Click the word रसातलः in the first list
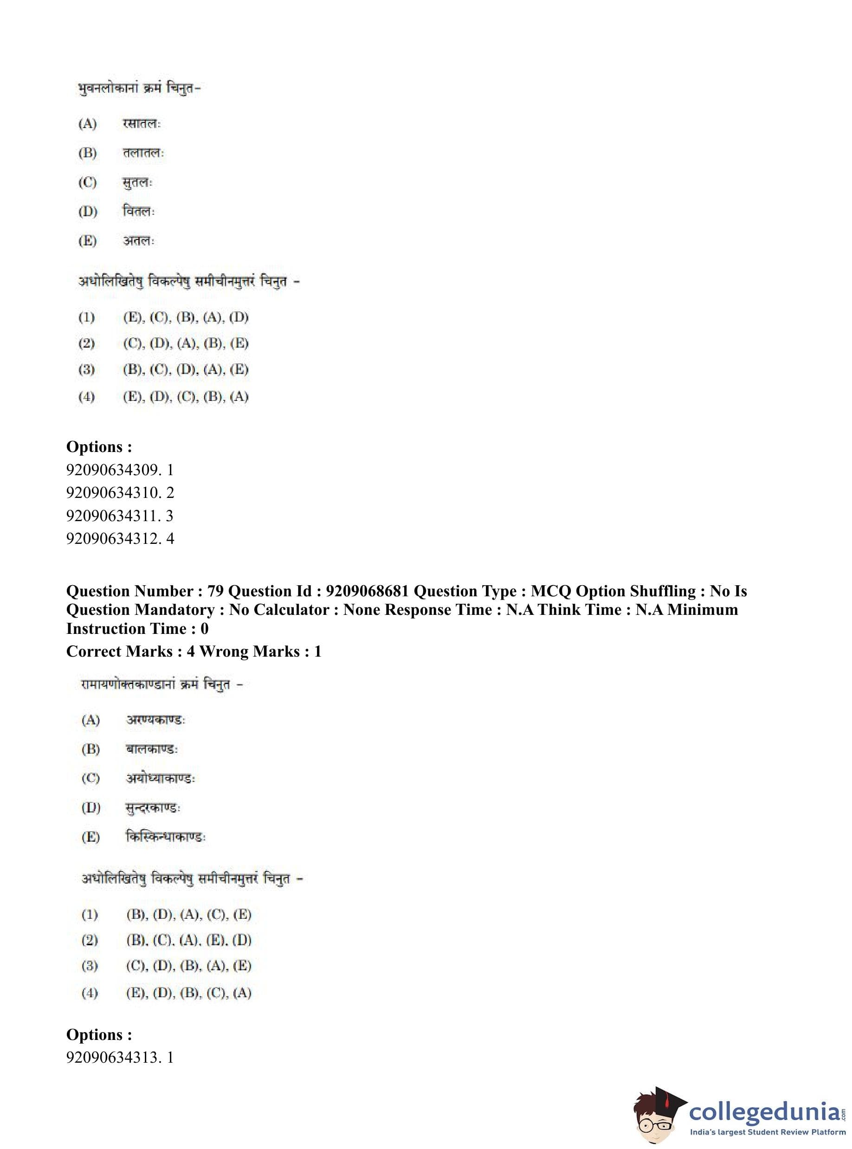pos(142,124)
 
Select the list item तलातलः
pos(143,153)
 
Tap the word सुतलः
pos(138,182)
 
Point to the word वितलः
pos(139,212)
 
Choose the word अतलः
pos(139,241)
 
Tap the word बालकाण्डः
pos(152,749)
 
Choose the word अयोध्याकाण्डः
pos(161,778)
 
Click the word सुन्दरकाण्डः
pos(153,807)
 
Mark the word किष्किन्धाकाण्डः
pos(166,837)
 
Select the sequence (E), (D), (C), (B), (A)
pos(186,397)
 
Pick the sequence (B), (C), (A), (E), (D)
pos(189,940)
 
